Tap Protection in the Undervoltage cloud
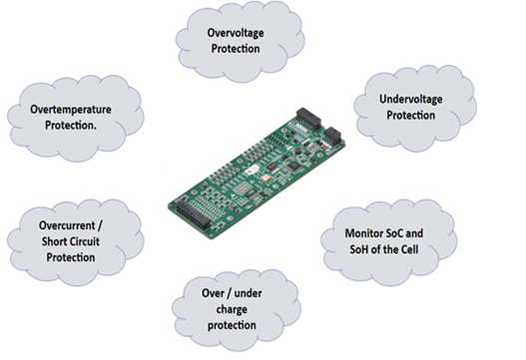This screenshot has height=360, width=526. click(x=410, y=116)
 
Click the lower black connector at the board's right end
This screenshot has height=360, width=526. click(x=330, y=137)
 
